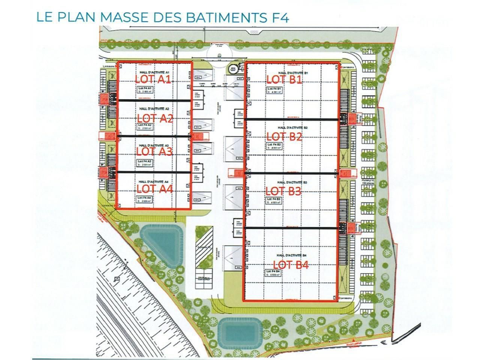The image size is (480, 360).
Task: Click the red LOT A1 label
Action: (153, 79)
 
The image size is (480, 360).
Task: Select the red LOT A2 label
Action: (155, 118)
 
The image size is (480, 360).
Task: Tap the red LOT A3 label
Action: (154, 151)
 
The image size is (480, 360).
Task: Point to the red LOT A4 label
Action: (154, 189)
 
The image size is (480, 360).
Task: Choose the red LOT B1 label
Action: (284, 79)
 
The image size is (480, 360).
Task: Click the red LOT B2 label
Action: (284, 136)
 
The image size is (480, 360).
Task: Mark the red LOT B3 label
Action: (283, 191)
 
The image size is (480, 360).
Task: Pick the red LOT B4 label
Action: (291, 265)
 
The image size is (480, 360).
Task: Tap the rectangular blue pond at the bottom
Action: (238, 330)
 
